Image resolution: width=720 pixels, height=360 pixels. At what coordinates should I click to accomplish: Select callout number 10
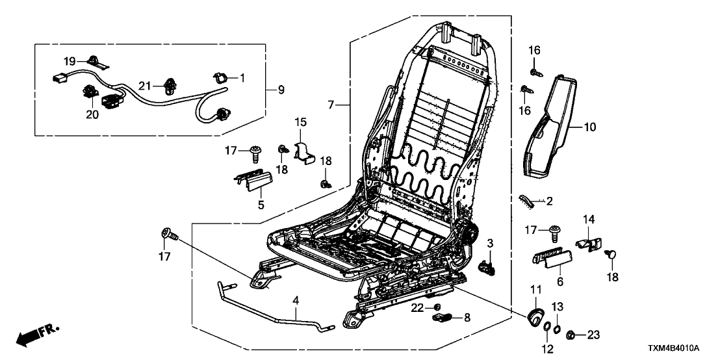589,127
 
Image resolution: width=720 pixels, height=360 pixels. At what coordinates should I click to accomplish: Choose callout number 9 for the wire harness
280,90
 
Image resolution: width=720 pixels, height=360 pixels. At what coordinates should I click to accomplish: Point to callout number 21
145,86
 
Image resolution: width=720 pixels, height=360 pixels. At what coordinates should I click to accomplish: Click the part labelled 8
444,317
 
